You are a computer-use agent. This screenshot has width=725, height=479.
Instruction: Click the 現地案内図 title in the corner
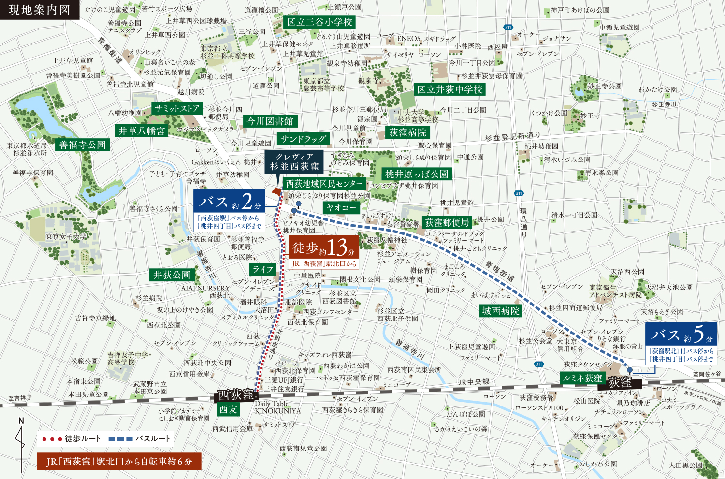(x=39, y=10)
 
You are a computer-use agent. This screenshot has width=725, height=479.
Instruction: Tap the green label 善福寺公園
(x=82, y=145)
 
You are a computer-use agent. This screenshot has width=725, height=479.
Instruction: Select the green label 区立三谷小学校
(x=319, y=22)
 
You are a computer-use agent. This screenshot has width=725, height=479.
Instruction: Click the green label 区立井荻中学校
(x=449, y=89)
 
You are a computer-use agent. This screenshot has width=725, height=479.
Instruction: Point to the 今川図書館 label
(x=270, y=121)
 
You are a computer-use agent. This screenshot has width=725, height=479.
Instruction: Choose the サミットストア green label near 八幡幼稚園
(x=177, y=108)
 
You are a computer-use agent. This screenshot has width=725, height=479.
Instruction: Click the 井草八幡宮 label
(x=142, y=131)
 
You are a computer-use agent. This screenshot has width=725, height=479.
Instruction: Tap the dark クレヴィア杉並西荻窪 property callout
(x=294, y=162)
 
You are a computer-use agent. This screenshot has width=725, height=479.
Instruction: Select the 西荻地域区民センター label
(x=324, y=184)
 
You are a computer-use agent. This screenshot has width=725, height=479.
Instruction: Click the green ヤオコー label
(x=341, y=207)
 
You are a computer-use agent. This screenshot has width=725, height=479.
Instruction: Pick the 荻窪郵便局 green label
(x=447, y=222)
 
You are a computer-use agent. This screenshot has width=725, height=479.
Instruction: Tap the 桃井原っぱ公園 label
(x=417, y=174)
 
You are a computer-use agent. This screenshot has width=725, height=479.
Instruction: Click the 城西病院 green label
(x=501, y=311)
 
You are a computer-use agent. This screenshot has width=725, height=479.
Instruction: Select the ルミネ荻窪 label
(x=582, y=378)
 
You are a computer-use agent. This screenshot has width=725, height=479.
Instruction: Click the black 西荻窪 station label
(x=236, y=395)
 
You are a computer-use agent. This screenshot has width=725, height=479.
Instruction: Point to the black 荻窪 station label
(x=620, y=382)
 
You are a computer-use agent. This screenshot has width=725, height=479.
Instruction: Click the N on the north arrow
(x=21, y=421)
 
